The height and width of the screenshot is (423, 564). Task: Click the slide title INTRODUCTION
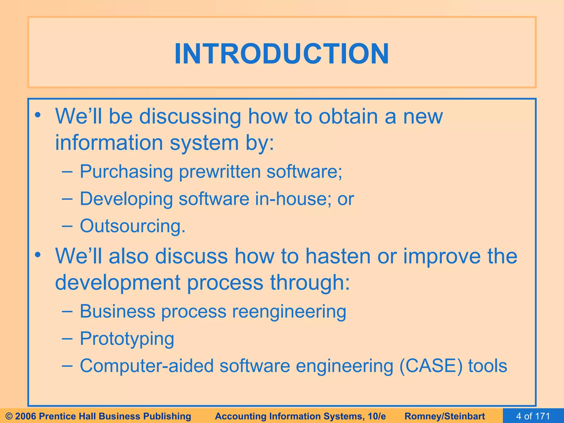pyautogui.click(x=282, y=54)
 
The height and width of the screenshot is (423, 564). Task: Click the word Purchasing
pyautogui.click(x=126, y=172)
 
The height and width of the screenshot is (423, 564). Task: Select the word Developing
pyautogui.click(x=126, y=199)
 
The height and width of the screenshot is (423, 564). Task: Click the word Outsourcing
pyautogui.click(x=132, y=226)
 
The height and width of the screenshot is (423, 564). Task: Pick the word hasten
pyautogui.click(x=338, y=256)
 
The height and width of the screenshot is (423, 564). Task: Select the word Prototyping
pyautogui.click(x=127, y=339)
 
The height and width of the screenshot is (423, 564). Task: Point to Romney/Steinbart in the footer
pyautogui.click(x=444, y=416)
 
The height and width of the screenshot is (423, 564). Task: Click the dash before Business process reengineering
pyautogui.click(x=67, y=311)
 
